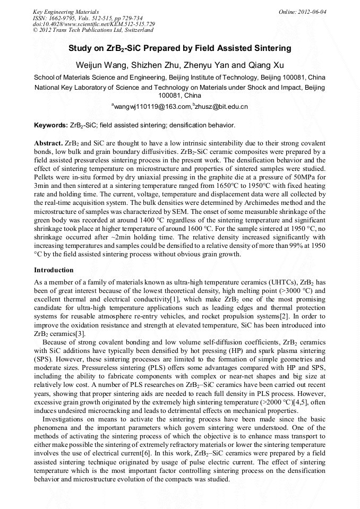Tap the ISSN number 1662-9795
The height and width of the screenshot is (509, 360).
point(62,18)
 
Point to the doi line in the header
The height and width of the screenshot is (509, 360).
point(94,24)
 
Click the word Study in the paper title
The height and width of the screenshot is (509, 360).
point(79,48)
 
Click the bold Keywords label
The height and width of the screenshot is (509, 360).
point(50,126)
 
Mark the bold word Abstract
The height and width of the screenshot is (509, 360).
point(48,144)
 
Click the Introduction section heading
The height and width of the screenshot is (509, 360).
point(54,270)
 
